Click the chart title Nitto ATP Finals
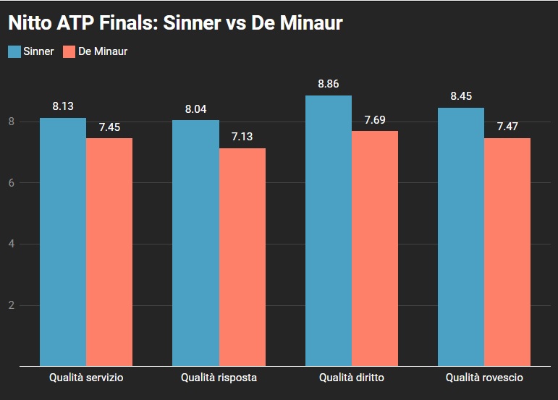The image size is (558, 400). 174,24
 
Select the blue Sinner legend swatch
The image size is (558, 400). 14,51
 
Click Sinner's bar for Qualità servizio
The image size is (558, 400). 63,242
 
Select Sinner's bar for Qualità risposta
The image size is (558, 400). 196,243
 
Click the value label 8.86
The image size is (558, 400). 329,84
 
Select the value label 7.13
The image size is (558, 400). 242,137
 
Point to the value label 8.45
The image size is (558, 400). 461,96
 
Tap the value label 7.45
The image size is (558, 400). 109,127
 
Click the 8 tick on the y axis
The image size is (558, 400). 11,122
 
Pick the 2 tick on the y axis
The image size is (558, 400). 11,305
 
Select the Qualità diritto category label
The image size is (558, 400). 352,378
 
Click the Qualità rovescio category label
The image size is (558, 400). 484,378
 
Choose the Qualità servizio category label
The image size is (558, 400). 86,378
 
